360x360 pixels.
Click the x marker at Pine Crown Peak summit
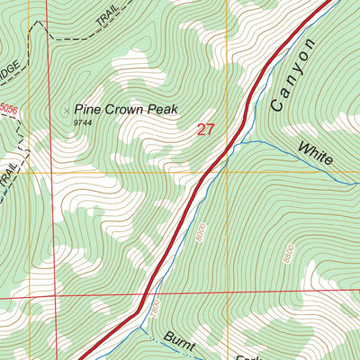click(66, 111)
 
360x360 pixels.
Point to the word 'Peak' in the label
click(164, 110)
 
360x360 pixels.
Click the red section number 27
click(205, 130)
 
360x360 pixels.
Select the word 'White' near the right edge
click(315, 153)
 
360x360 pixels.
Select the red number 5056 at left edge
click(8, 109)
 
